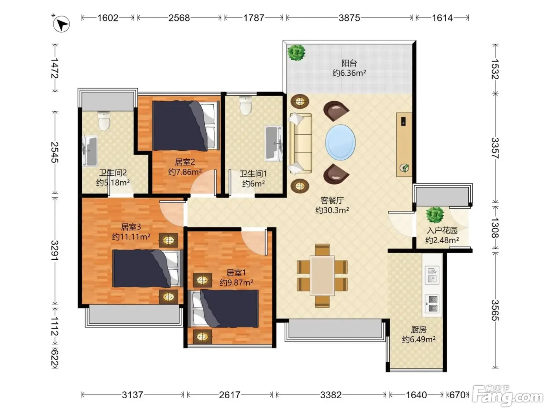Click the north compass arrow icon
pos(61,24)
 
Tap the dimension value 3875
pos(349,18)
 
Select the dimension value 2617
pos(229,395)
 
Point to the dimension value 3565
pos(495,310)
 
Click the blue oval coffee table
pos(340,142)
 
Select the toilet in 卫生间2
pos(104,121)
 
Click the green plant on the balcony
pos(296,53)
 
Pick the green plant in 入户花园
pos(435,215)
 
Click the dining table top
pos(322,275)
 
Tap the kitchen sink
pos(432,275)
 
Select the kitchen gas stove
pos(432,304)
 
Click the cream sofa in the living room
pos(301,144)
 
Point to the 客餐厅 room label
pos(332,201)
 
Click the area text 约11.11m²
pos(131,237)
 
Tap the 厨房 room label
pos(418,330)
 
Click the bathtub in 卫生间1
pos(274,143)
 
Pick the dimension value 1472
pos(55,68)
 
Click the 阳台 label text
pos(349,63)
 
